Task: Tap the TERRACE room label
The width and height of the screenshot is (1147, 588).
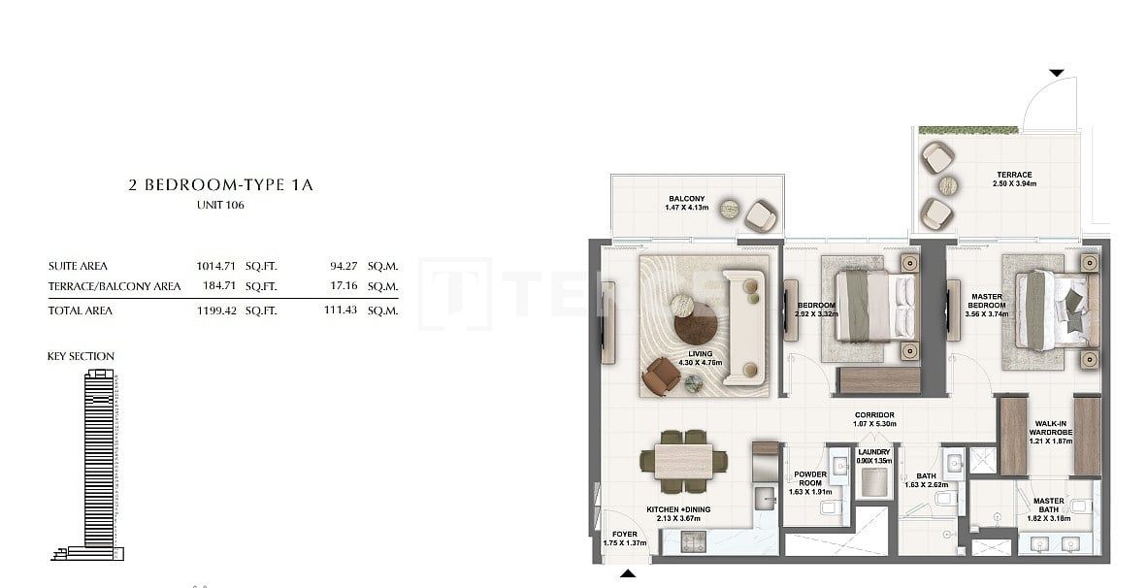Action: pos(1012,176)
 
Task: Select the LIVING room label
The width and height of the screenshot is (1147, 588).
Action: pos(701,354)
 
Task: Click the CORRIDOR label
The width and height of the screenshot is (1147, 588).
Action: pos(874,415)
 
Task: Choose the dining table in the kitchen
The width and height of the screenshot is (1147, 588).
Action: pos(684,459)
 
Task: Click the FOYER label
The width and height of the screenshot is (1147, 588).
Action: pos(625,535)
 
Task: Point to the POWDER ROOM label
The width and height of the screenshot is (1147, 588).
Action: pos(809,479)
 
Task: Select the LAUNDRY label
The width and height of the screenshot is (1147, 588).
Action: pos(874,452)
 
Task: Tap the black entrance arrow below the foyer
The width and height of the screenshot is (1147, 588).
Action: pos(628,575)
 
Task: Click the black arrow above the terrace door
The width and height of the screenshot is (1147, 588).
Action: pos(1057,73)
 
